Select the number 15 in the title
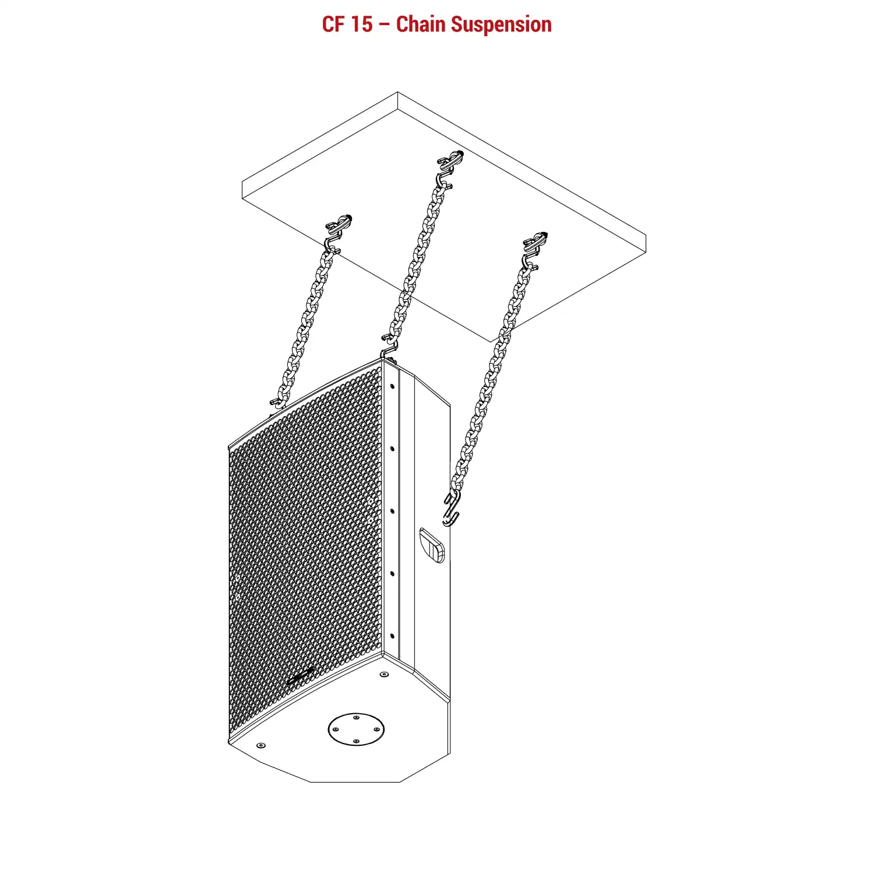[x=361, y=24]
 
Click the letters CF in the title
[x=333, y=24]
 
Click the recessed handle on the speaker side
[x=432, y=545]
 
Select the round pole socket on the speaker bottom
[x=356, y=729]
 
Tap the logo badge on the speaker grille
[x=299, y=677]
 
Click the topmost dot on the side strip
[x=392, y=386]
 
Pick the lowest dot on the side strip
[x=392, y=636]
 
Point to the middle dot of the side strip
[x=392, y=511]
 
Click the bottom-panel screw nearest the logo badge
[x=384, y=674]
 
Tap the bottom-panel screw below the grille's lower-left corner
[x=260, y=745]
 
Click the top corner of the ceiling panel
[x=397, y=92]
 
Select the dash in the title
[x=385, y=26]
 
